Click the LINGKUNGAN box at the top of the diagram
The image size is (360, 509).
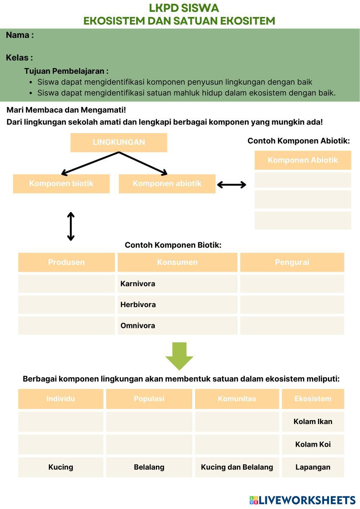click(119, 142)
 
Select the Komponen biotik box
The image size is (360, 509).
click(61, 184)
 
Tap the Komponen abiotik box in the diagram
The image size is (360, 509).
click(167, 184)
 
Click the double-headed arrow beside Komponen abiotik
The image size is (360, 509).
click(231, 185)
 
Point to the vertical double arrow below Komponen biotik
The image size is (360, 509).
click(71, 226)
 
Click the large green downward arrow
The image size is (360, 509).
click(179, 356)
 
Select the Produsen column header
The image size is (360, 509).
click(67, 262)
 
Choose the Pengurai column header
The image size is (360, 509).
click(292, 262)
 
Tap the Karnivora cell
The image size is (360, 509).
click(177, 284)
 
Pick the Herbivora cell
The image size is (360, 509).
click(177, 305)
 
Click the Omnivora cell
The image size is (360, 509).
click(177, 325)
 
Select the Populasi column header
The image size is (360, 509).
click(149, 398)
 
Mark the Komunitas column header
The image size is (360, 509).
click(237, 398)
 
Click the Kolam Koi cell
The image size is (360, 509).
click(313, 444)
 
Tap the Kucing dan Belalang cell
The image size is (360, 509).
click(237, 467)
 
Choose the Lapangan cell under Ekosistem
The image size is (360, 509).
click(313, 467)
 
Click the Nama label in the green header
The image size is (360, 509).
click(20, 35)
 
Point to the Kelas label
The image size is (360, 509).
click(19, 58)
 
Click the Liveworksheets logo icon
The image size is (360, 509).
click(253, 500)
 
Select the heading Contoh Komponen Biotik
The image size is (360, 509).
click(173, 245)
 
